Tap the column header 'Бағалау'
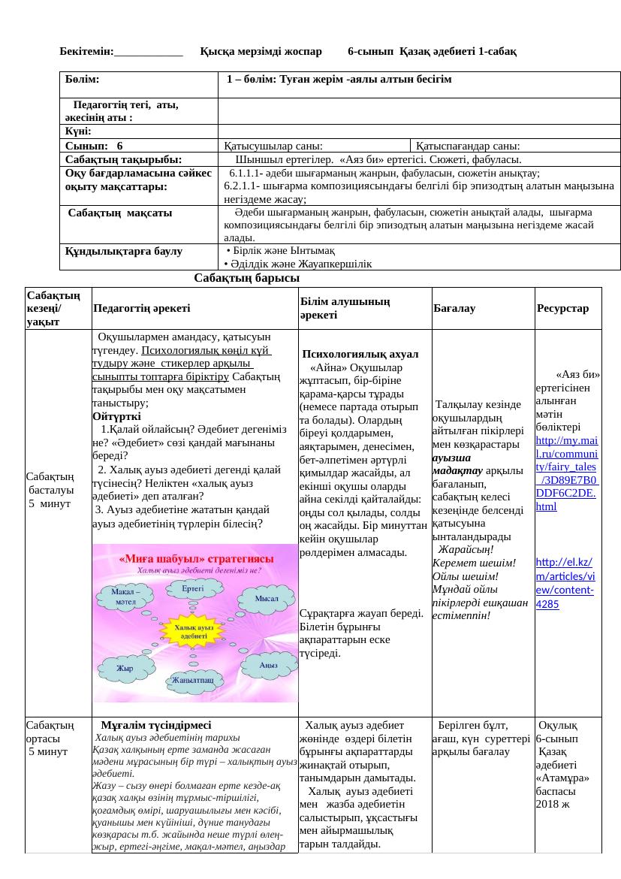pyautogui.click(x=454, y=308)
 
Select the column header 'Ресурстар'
pyautogui.click(x=563, y=308)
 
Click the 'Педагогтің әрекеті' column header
pyautogui.click(x=142, y=308)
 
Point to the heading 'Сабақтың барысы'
pyautogui.click(x=241, y=278)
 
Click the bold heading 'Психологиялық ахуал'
pyautogui.click(x=360, y=354)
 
